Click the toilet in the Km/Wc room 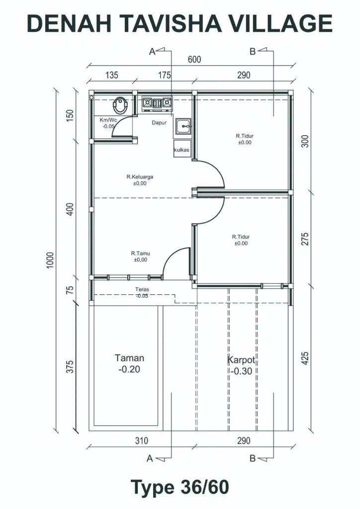(120, 105)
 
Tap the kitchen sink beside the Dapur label (184, 126)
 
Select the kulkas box (182, 149)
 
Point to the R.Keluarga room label (140, 177)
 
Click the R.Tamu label (141, 253)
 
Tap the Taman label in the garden (129, 358)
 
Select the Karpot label (242, 360)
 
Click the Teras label (142, 289)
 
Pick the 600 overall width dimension (194, 60)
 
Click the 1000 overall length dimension (50, 260)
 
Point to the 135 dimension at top (112, 76)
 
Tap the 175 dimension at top (164, 76)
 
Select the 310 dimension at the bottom (142, 440)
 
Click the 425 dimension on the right (305, 358)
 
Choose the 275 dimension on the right (305, 239)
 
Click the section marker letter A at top (152, 52)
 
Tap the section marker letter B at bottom (253, 458)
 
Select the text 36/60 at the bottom (204, 487)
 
